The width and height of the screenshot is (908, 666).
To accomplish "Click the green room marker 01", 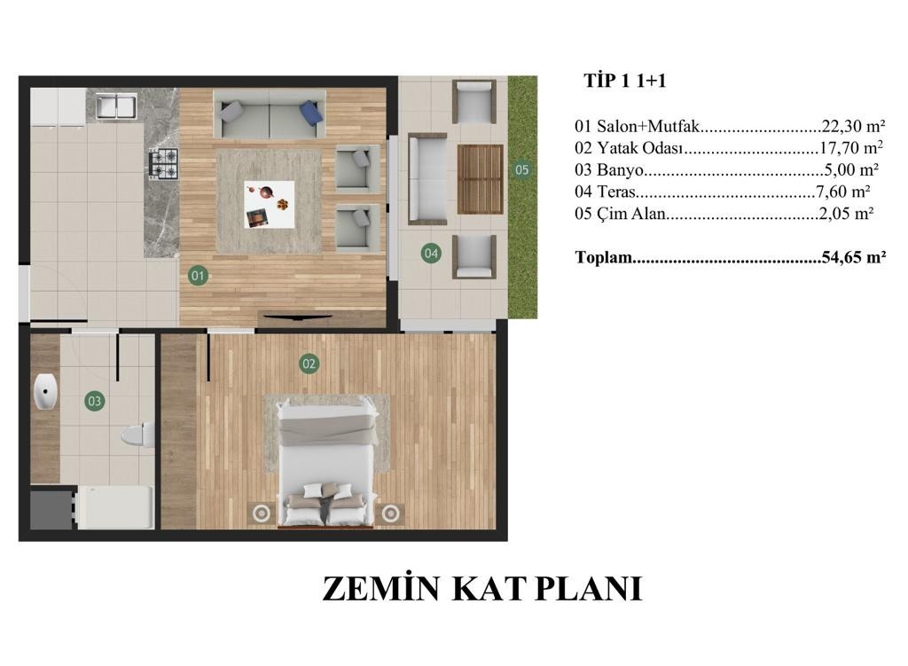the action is (x=198, y=276).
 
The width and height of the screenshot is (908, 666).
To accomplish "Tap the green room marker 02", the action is (x=309, y=364).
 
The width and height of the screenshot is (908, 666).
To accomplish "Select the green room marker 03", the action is (x=94, y=401).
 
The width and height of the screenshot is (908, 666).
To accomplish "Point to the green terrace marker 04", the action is (x=431, y=253).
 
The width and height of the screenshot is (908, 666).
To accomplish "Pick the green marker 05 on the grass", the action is (x=521, y=169).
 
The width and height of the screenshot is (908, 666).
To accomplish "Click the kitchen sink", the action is (x=116, y=106).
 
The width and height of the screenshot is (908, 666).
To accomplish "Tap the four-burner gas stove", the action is (x=164, y=163).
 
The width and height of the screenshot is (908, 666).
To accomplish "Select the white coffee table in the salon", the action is (x=269, y=205).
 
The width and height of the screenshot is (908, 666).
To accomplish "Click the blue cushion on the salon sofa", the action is (x=311, y=112).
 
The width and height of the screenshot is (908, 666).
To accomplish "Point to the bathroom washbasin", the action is (x=45, y=391).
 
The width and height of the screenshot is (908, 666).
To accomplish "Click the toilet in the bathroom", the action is (x=138, y=435).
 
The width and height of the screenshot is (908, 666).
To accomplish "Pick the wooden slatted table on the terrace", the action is (x=480, y=179).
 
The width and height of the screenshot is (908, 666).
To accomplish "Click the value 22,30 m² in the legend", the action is (x=853, y=126).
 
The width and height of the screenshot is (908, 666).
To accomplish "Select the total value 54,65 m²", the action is (x=854, y=256).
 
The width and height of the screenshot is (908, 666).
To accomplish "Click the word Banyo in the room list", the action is (x=620, y=170).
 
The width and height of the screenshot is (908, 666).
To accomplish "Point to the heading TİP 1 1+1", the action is (x=625, y=81).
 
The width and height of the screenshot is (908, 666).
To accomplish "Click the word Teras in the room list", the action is (x=616, y=192).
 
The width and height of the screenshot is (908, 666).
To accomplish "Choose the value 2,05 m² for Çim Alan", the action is (x=846, y=214).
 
